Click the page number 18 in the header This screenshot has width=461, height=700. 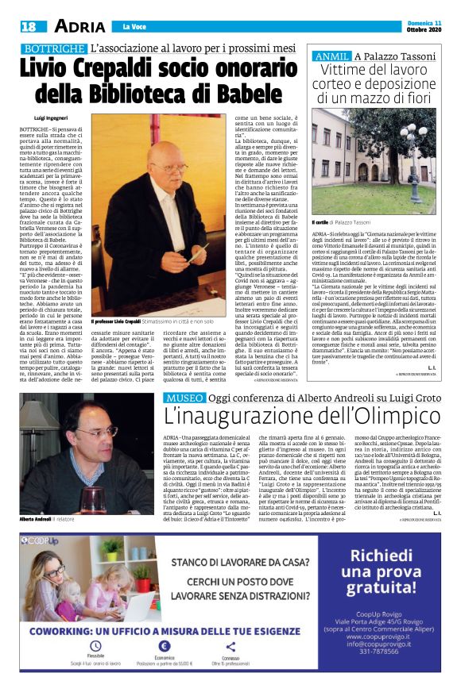click(28, 25)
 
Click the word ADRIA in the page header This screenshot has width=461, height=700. click(79, 25)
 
